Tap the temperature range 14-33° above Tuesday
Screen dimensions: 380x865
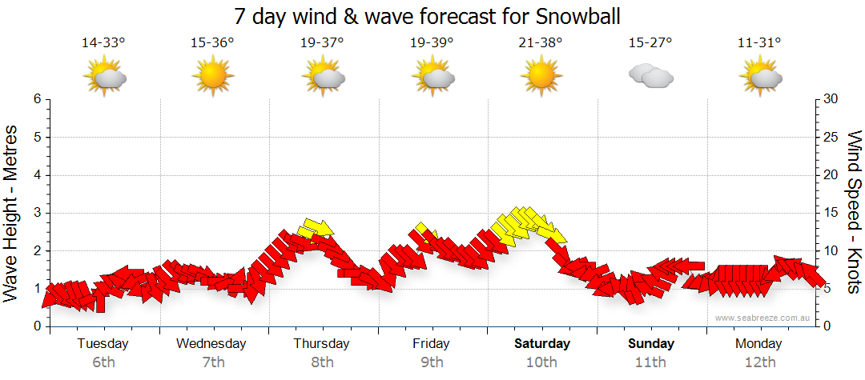(x=103, y=42)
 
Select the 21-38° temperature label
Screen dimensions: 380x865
(x=541, y=42)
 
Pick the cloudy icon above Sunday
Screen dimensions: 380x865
(x=650, y=76)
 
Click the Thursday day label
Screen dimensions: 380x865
(x=322, y=344)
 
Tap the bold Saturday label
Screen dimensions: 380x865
(x=541, y=344)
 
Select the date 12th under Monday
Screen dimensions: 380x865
(x=760, y=362)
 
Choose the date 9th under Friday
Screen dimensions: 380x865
(x=432, y=362)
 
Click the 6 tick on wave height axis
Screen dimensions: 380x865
(x=36, y=99)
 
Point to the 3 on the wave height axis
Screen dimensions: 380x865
(x=36, y=213)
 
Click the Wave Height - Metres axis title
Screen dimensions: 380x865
(x=12, y=213)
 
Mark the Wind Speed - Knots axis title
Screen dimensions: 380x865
(x=854, y=213)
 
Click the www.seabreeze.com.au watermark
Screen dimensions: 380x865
(x=763, y=318)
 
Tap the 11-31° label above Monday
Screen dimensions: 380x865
(x=760, y=42)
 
